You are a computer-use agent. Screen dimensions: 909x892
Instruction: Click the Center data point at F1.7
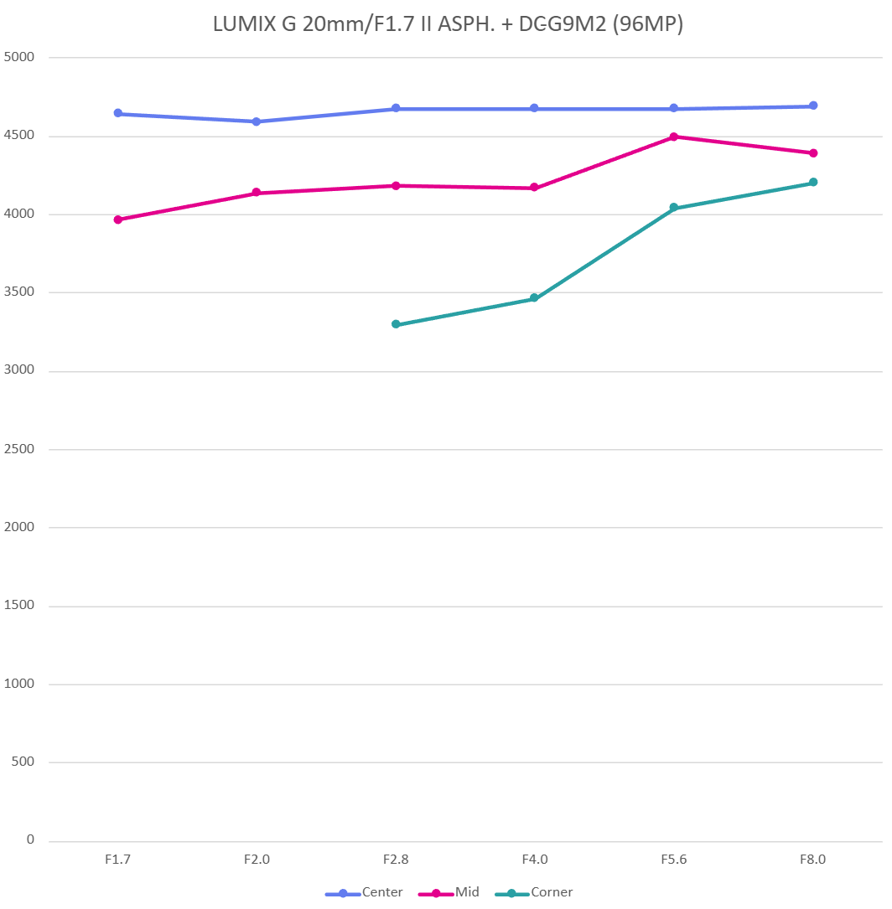point(118,113)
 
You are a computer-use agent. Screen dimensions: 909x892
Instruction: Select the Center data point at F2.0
point(257,121)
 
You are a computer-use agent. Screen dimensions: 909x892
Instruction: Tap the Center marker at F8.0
point(813,106)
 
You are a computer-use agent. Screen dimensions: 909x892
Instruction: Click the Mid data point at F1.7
point(118,220)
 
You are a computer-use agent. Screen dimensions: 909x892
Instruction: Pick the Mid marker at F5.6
point(674,137)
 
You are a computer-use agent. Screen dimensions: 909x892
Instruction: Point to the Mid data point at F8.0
point(813,153)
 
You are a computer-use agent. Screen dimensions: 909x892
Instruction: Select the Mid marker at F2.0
point(257,193)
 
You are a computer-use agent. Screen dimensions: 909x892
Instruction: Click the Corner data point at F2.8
point(396,324)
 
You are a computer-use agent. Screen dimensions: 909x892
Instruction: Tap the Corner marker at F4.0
point(534,298)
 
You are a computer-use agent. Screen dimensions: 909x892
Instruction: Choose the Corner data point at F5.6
point(674,208)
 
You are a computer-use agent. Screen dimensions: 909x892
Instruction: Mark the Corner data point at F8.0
point(813,183)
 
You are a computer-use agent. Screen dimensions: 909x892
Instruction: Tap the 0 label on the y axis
point(30,839)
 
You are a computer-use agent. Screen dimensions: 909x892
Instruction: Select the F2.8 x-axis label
point(396,860)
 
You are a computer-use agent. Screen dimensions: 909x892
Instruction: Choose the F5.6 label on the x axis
point(674,860)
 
